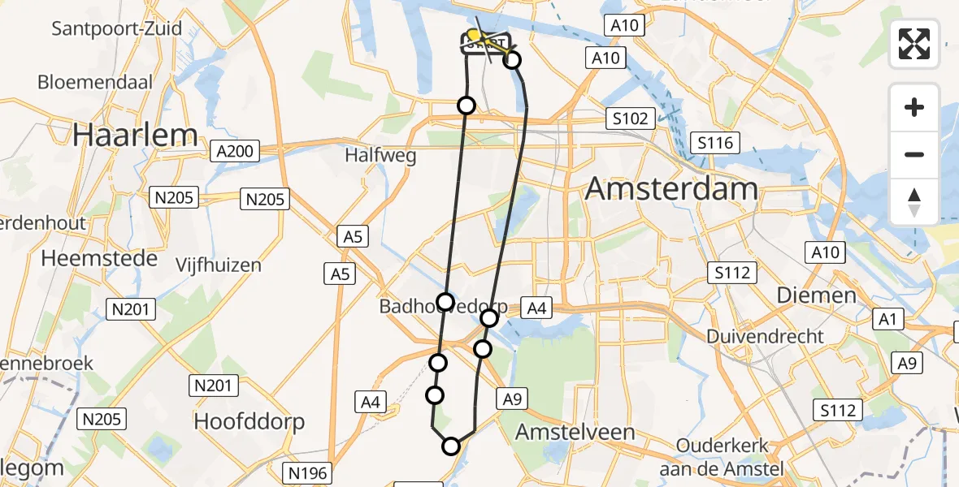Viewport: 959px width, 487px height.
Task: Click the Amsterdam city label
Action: point(670,189)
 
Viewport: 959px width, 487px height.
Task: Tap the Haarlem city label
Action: point(135,135)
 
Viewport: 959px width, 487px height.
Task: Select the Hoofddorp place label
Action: point(250,421)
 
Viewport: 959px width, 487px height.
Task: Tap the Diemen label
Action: point(816,295)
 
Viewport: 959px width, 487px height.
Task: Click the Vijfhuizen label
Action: point(219,265)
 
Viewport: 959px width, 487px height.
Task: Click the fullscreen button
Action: point(914,44)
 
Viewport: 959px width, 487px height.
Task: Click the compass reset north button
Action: point(914,202)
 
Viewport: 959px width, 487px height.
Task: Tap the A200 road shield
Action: point(234,150)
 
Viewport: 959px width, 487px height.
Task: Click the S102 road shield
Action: point(631,119)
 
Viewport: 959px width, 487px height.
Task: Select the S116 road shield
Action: point(715,144)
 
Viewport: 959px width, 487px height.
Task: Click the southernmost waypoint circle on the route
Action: point(450,446)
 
